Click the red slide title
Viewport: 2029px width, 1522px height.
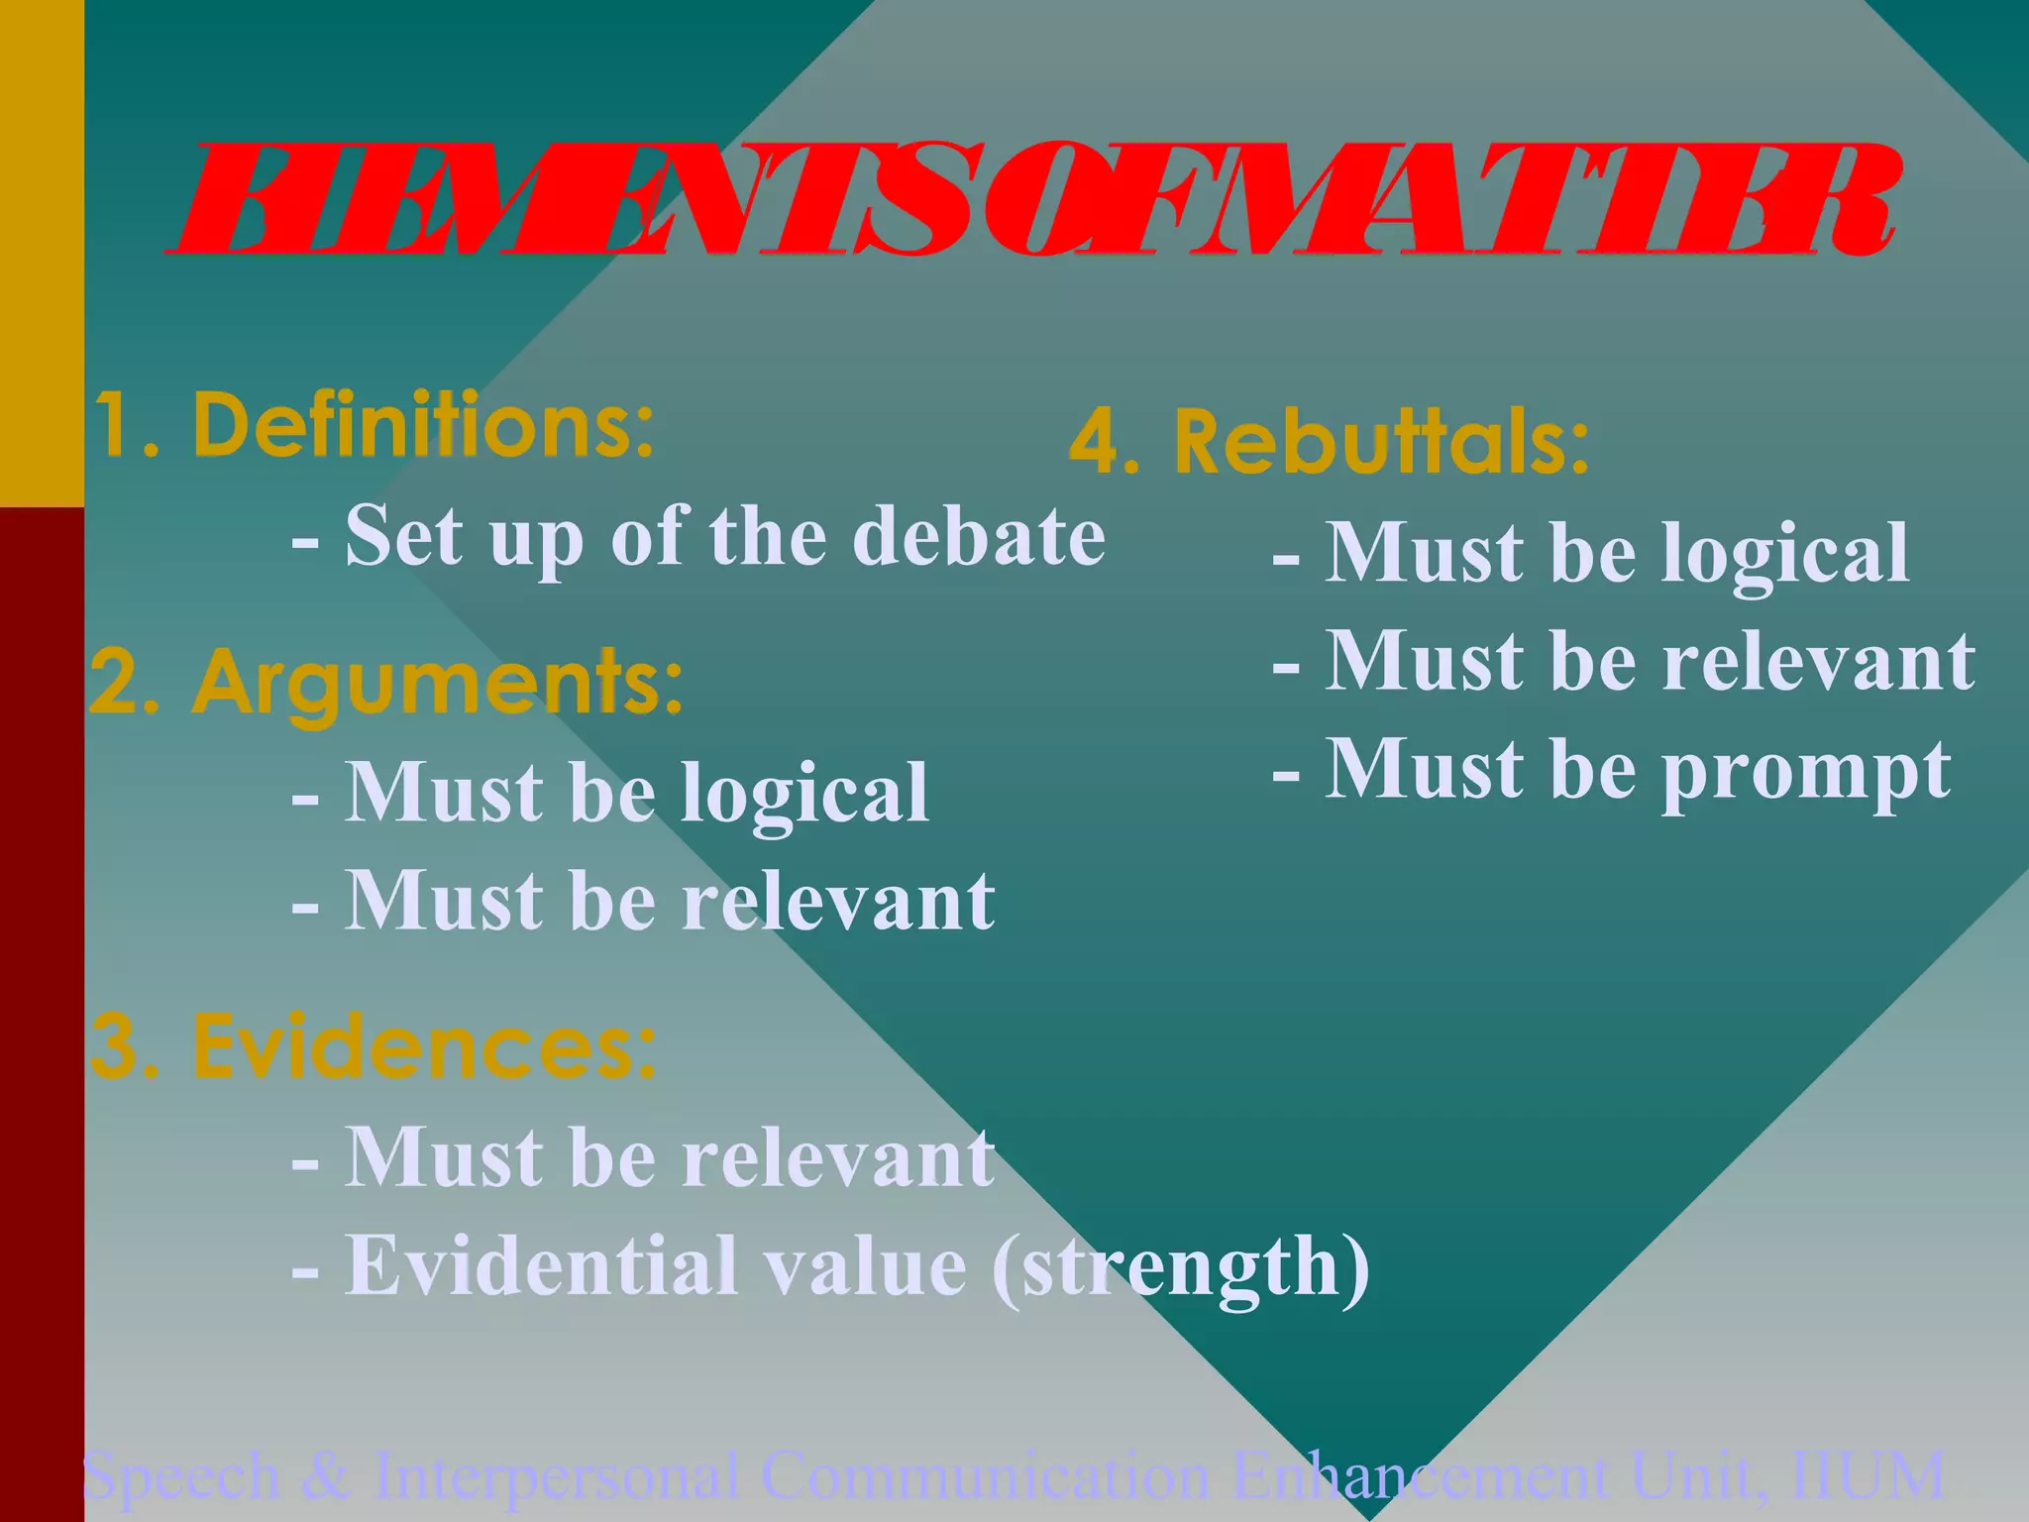[x=1030, y=201]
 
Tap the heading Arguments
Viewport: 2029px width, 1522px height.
[x=437, y=683]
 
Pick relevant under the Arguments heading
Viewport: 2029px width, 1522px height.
[x=838, y=901]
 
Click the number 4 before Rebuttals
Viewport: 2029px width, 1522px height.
[x=1096, y=443]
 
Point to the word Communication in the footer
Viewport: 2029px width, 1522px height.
[x=985, y=1476]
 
